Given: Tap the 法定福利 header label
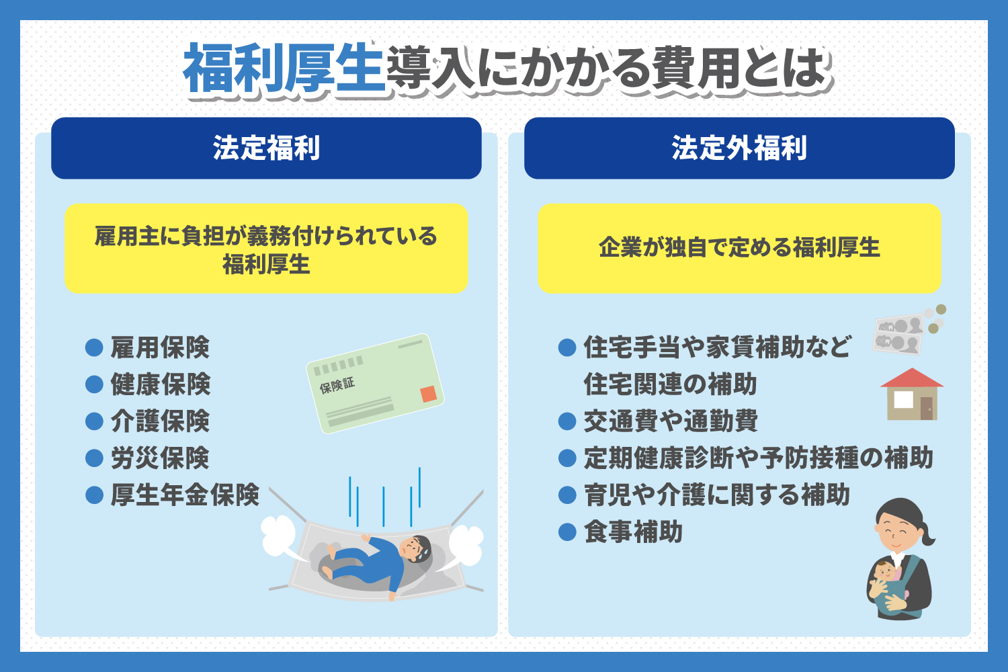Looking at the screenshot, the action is click(266, 148).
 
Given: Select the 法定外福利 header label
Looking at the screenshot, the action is click(739, 148).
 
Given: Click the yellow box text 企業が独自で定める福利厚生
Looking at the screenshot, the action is click(739, 247).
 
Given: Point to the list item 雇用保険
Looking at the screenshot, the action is click(160, 347).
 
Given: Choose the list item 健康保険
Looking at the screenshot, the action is click(160, 384).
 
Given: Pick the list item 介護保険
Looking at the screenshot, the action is click(160, 421).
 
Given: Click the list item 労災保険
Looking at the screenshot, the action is click(160, 458).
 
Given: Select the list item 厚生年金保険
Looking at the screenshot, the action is click(185, 495).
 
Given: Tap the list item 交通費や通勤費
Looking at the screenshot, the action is click(671, 421).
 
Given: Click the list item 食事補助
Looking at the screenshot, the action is click(633, 532).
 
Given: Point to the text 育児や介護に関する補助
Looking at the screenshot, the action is click(716, 495).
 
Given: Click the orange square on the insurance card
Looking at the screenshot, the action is click(429, 394).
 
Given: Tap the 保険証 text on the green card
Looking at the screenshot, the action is click(337, 386).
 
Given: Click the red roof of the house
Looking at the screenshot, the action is click(912, 378).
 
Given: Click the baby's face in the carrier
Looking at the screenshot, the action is click(885, 572).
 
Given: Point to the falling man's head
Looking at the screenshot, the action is click(415, 548).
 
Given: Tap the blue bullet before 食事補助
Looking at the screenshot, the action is click(567, 532).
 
